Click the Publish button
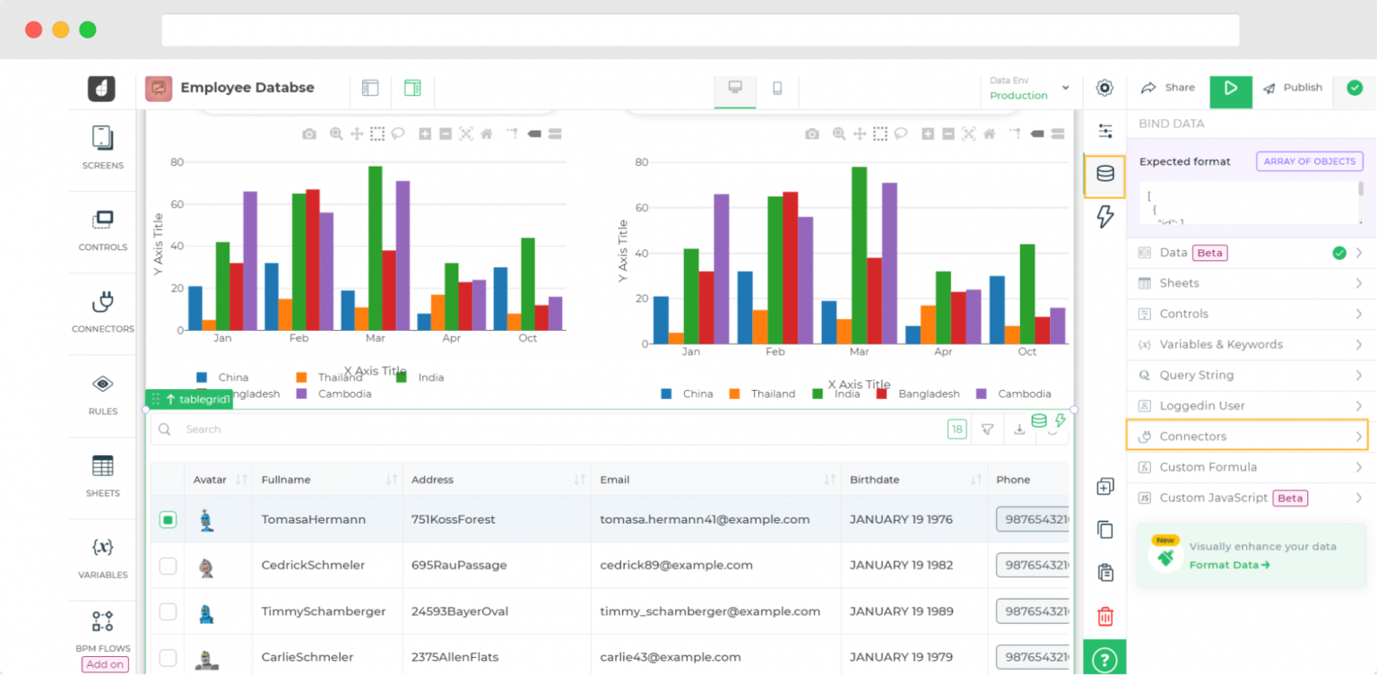(1293, 88)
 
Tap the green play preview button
(1231, 88)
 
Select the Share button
(1168, 88)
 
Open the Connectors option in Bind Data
(1247, 437)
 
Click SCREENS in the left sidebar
(103, 147)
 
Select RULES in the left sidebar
(103, 394)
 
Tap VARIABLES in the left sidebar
(103, 557)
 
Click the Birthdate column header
(874, 480)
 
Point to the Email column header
(615, 480)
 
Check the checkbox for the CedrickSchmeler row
(168, 566)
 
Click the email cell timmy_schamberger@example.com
(710, 611)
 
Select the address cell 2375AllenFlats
(455, 657)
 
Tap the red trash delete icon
(1105, 616)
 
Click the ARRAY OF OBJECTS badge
(1310, 161)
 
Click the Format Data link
(1229, 565)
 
